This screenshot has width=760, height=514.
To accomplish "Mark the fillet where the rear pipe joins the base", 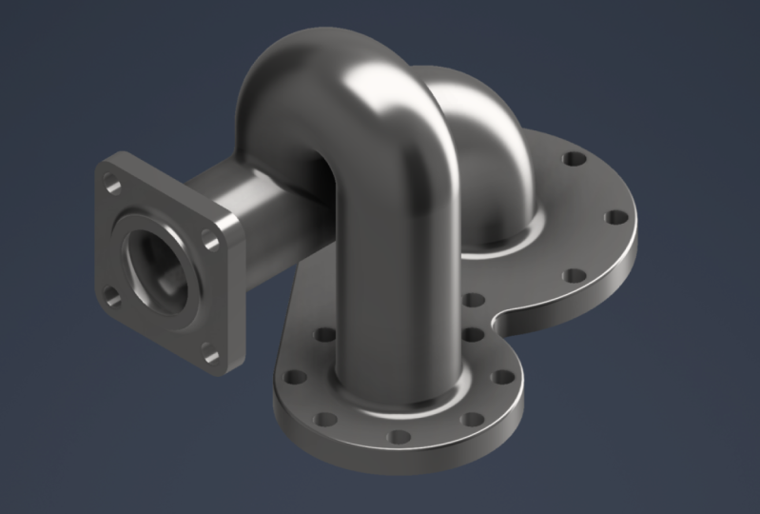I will (504, 238).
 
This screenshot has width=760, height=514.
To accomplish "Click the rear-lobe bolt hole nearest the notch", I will (472, 301).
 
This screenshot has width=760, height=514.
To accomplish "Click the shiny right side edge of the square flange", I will (234, 286).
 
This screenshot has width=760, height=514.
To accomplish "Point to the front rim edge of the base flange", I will (399, 462).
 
